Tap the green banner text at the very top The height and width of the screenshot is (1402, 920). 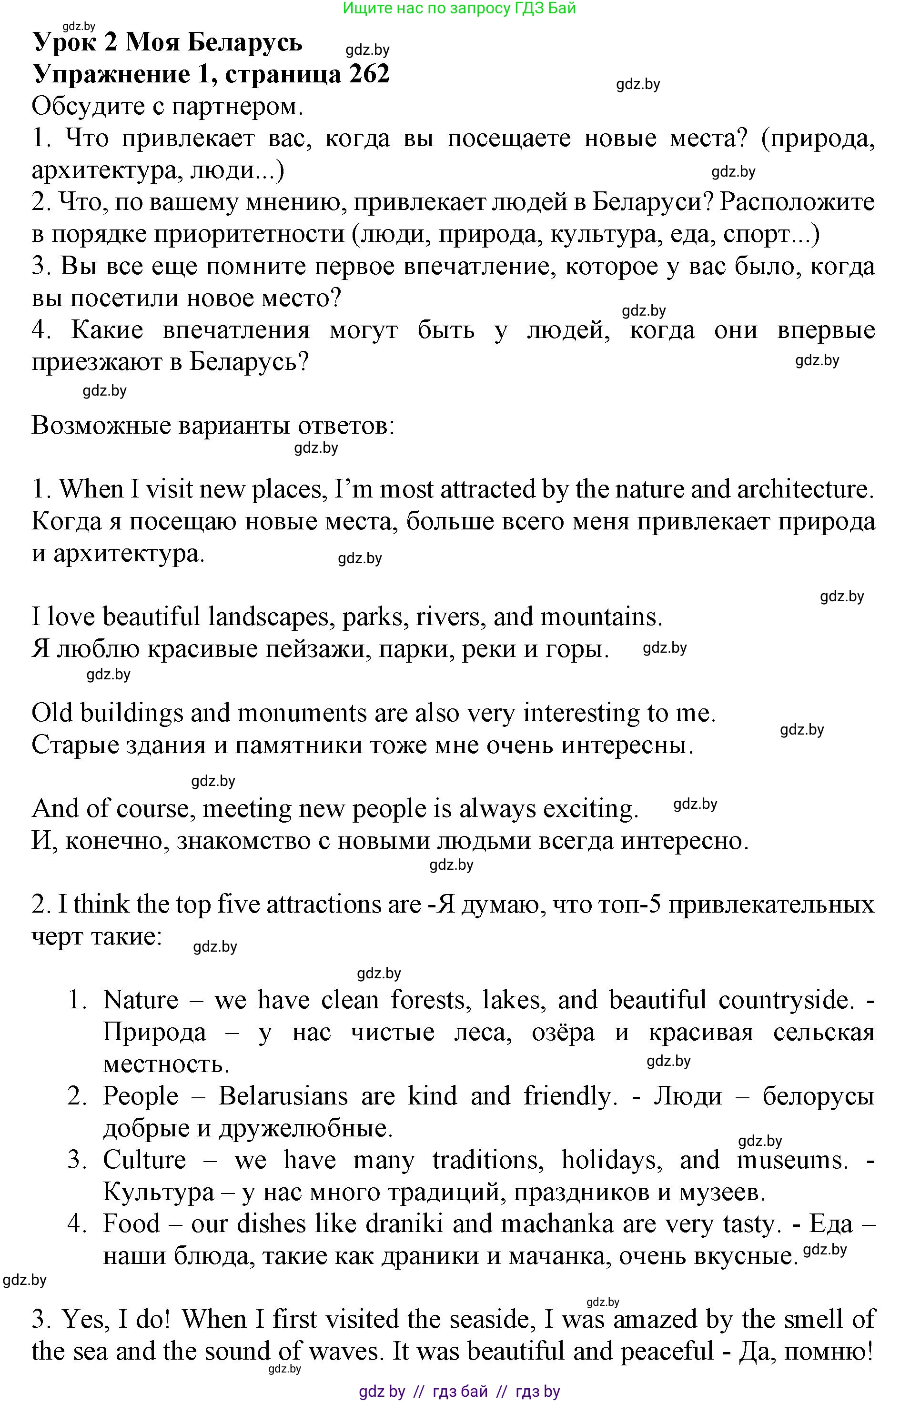click(x=459, y=8)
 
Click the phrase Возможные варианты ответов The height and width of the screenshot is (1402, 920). click(x=212, y=425)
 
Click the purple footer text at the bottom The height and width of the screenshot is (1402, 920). click(x=459, y=1392)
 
